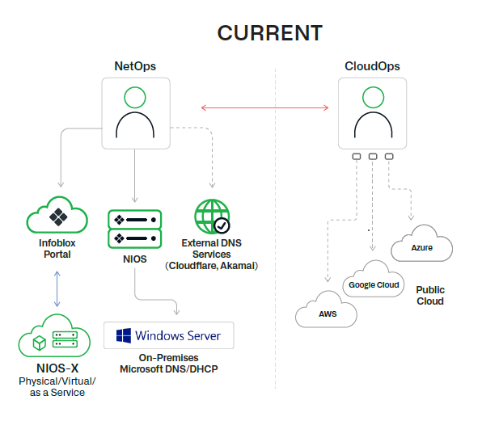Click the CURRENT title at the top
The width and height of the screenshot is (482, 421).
269,33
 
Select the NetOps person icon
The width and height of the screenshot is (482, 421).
135,113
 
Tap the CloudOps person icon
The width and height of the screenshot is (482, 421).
372,112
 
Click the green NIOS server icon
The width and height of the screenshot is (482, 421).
135,228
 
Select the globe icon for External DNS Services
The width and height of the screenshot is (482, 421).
212,217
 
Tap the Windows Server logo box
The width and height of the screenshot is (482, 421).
169,335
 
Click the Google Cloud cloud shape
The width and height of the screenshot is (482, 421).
374,284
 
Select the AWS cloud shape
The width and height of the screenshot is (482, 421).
327,313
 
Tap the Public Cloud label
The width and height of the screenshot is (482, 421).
430,295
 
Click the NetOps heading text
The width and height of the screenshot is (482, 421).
135,65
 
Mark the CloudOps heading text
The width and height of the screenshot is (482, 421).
372,65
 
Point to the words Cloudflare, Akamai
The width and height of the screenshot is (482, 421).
212,265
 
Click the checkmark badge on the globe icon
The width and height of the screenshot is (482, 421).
221,225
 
